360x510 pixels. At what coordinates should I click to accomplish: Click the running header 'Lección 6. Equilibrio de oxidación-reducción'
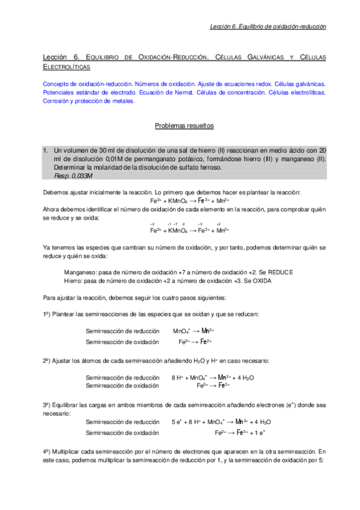(267, 26)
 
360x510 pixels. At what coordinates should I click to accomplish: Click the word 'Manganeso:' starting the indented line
(80, 272)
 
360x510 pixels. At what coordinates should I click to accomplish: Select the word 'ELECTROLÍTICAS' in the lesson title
(67, 67)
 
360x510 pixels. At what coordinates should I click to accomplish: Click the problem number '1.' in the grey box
(46, 150)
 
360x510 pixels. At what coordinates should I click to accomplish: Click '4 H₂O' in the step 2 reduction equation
(245, 377)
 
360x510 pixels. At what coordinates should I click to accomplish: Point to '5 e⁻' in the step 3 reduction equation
(176, 422)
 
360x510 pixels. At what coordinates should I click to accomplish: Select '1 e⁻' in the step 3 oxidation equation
(260, 432)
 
